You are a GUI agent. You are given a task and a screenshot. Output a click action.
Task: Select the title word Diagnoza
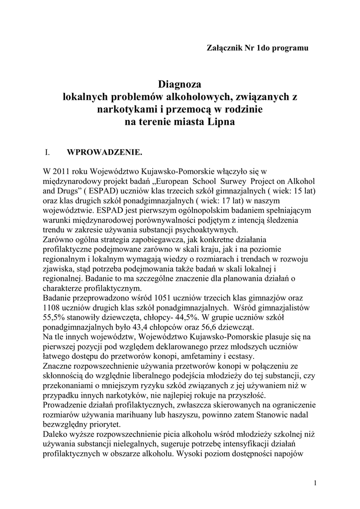[x=180, y=84]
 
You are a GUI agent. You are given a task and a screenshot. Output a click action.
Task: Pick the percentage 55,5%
[x=54, y=317]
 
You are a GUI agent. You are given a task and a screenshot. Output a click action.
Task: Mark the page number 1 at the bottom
[x=316, y=482]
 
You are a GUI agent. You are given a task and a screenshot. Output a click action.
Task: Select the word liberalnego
[x=146, y=376]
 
